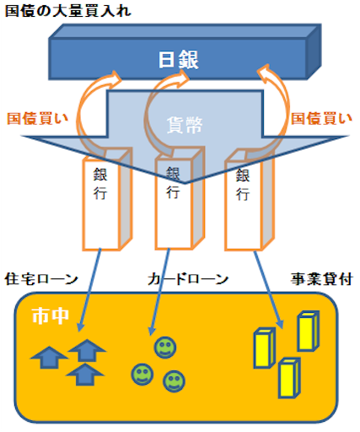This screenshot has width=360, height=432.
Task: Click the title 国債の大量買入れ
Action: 68,11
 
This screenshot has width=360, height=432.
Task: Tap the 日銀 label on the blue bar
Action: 179,59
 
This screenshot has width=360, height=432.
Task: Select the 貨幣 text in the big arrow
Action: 185,125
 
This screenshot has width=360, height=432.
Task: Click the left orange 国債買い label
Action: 38,118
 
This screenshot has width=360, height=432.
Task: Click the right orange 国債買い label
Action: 321,118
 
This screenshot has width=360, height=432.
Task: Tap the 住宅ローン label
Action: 41,279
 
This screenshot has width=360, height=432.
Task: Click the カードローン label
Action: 188,279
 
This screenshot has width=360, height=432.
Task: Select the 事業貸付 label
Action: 321,279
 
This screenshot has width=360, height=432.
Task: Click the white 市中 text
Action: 51,316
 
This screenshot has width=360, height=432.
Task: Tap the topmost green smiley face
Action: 165,348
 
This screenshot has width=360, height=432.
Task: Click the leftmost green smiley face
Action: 142,375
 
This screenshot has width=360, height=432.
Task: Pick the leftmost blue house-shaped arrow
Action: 49,357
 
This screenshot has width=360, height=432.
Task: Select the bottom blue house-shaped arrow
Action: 85,375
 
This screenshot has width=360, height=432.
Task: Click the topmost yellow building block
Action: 309,331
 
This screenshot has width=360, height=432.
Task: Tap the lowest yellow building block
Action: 289,377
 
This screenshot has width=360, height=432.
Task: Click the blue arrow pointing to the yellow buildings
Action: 268,289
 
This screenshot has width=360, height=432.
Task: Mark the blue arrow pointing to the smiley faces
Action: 159,291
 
